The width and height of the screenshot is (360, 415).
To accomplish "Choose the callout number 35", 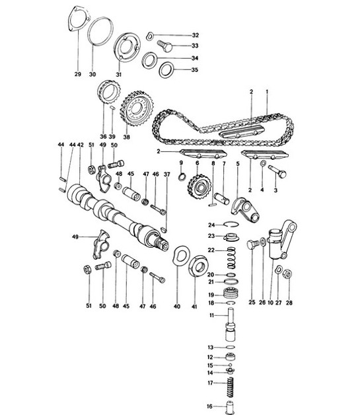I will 195,69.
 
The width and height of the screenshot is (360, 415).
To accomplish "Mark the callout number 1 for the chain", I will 267,90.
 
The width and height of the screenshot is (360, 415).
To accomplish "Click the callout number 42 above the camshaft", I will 81,144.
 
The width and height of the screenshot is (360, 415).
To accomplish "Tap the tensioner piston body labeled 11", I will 231,326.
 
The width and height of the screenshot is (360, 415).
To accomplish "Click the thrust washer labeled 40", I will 178,256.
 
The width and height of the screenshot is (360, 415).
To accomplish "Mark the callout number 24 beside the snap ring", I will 211,225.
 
